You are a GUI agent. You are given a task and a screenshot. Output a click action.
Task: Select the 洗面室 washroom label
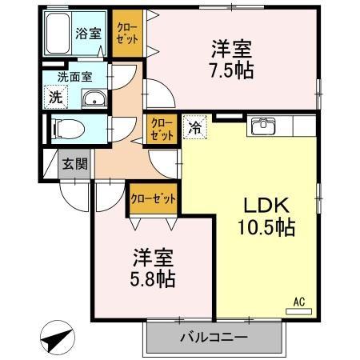[x=74, y=78]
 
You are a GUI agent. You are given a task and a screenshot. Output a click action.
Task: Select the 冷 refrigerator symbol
[x=195, y=126]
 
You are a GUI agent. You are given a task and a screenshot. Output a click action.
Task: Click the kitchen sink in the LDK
[x=262, y=126]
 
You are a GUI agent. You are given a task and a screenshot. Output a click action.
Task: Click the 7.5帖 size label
[x=232, y=70]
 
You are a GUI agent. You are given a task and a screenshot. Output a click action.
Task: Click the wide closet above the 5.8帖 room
[x=152, y=198]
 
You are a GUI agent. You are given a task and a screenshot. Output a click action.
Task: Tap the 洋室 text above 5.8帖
[x=152, y=258]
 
